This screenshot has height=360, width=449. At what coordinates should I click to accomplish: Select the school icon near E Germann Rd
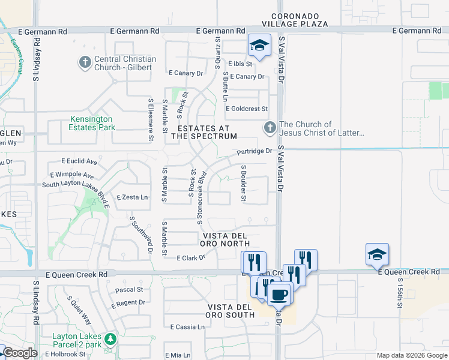coord(259,46)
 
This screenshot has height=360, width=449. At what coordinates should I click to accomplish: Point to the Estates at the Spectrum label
coord(204,132)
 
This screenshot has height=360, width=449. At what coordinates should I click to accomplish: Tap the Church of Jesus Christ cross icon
coord(270,128)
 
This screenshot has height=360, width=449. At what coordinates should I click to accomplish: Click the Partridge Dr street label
coord(254,151)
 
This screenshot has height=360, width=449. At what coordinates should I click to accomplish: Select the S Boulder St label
coord(244,183)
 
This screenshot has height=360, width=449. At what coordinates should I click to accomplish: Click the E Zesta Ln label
coord(132,197)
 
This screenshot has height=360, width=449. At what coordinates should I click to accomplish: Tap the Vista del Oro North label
coord(226,239)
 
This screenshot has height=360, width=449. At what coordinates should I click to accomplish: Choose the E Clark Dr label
coord(191,257)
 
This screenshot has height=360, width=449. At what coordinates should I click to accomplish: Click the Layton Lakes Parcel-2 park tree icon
coord(110,340)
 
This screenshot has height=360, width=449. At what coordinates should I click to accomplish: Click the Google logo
coord(20,353)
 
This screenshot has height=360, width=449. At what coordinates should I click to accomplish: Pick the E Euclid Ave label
coord(79,161)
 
